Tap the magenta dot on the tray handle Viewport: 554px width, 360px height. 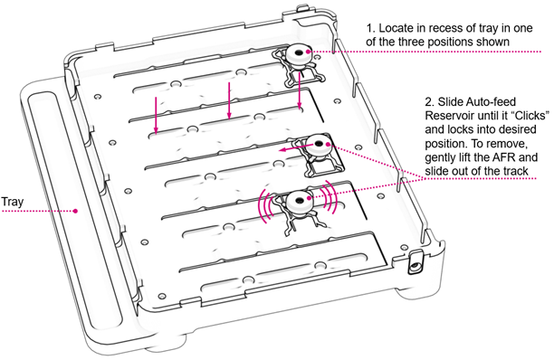click(x=77, y=211)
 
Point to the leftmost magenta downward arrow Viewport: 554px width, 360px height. click(x=156, y=113)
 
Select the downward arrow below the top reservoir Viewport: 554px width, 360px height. click(x=300, y=90)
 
